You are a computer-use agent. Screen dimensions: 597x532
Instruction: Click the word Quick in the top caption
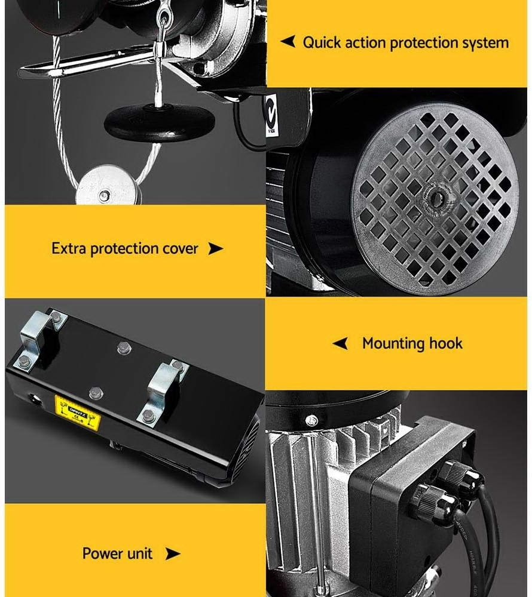[322, 42]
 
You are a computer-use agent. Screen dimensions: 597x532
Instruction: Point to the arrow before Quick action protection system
[288, 42]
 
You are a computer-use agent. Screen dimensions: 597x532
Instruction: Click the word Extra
[69, 248]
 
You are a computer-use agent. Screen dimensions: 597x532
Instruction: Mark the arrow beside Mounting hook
[340, 343]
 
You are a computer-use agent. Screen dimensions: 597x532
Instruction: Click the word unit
[140, 553]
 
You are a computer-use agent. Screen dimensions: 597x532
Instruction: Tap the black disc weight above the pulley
[159, 122]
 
